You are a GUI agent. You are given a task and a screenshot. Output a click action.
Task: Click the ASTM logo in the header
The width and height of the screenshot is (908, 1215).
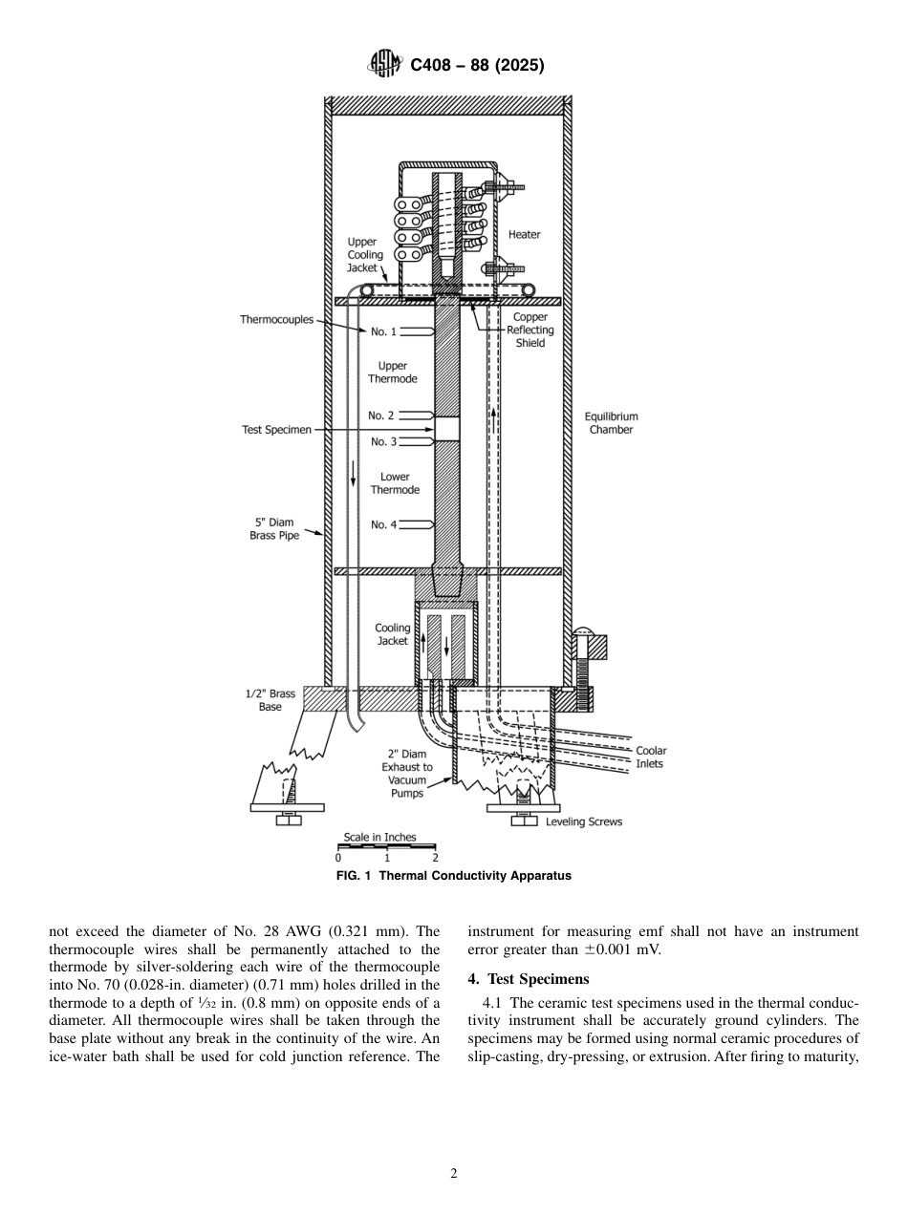tap(384, 65)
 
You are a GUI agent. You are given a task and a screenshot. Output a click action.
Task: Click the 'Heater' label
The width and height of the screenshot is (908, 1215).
tap(524, 235)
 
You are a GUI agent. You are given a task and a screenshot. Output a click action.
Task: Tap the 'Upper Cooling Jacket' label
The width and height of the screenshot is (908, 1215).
tap(364, 255)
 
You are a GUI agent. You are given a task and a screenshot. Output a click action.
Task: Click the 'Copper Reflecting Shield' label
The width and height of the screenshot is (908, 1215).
tap(530, 330)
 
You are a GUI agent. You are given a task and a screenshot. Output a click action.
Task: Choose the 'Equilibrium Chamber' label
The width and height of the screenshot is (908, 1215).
tap(611, 423)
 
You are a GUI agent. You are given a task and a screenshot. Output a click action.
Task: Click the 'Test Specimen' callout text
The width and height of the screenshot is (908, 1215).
tap(276, 430)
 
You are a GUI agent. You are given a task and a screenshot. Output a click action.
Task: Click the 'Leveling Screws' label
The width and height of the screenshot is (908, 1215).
tap(583, 821)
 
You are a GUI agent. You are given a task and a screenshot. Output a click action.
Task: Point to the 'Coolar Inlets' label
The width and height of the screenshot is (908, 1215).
tap(651, 757)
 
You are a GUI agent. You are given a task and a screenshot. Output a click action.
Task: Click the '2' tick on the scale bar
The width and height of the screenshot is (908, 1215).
tap(435, 858)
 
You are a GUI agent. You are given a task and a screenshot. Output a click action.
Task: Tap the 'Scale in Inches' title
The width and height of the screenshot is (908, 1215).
tap(379, 838)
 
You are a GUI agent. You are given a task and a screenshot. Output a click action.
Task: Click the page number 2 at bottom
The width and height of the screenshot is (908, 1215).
tap(454, 1174)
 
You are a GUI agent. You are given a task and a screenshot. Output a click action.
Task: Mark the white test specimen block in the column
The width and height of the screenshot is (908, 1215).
tap(447, 428)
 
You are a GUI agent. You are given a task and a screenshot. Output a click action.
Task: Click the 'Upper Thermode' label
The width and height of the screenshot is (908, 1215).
tap(392, 373)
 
